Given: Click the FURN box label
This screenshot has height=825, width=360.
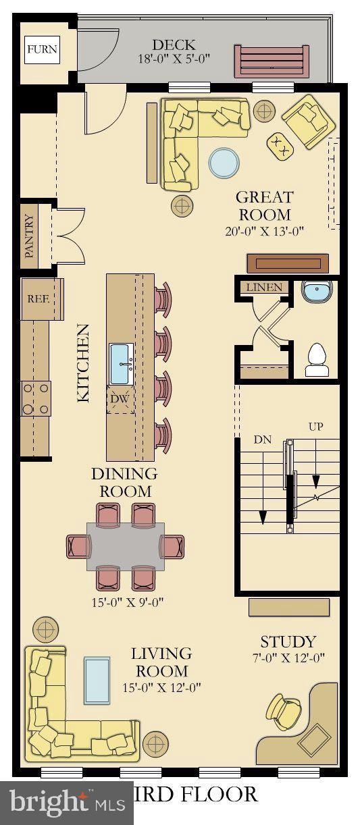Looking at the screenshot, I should click(x=42, y=49).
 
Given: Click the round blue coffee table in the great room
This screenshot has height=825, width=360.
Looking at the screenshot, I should click(x=224, y=163).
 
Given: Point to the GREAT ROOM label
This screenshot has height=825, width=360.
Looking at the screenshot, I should click(x=264, y=206).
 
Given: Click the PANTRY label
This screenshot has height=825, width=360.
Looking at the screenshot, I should click(x=29, y=236).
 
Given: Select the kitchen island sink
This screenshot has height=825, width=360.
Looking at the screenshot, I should click(x=122, y=363).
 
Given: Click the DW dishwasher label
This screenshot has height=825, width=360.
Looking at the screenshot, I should click(x=120, y=399).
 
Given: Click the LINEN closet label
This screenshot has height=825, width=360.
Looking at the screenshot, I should click(x=263, y=287).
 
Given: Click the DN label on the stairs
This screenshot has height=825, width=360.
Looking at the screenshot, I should click(x=262, y=440).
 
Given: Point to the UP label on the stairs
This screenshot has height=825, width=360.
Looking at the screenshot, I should click(x=315, y=427).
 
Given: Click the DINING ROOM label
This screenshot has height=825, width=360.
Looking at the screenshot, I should click(x=124, y=482).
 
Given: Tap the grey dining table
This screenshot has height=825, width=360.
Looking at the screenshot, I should click(x=125, y=545).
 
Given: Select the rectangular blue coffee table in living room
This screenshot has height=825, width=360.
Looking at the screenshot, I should click(x=97, y=680).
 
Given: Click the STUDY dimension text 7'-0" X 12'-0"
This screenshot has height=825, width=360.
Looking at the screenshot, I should click(x=288, y=658).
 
